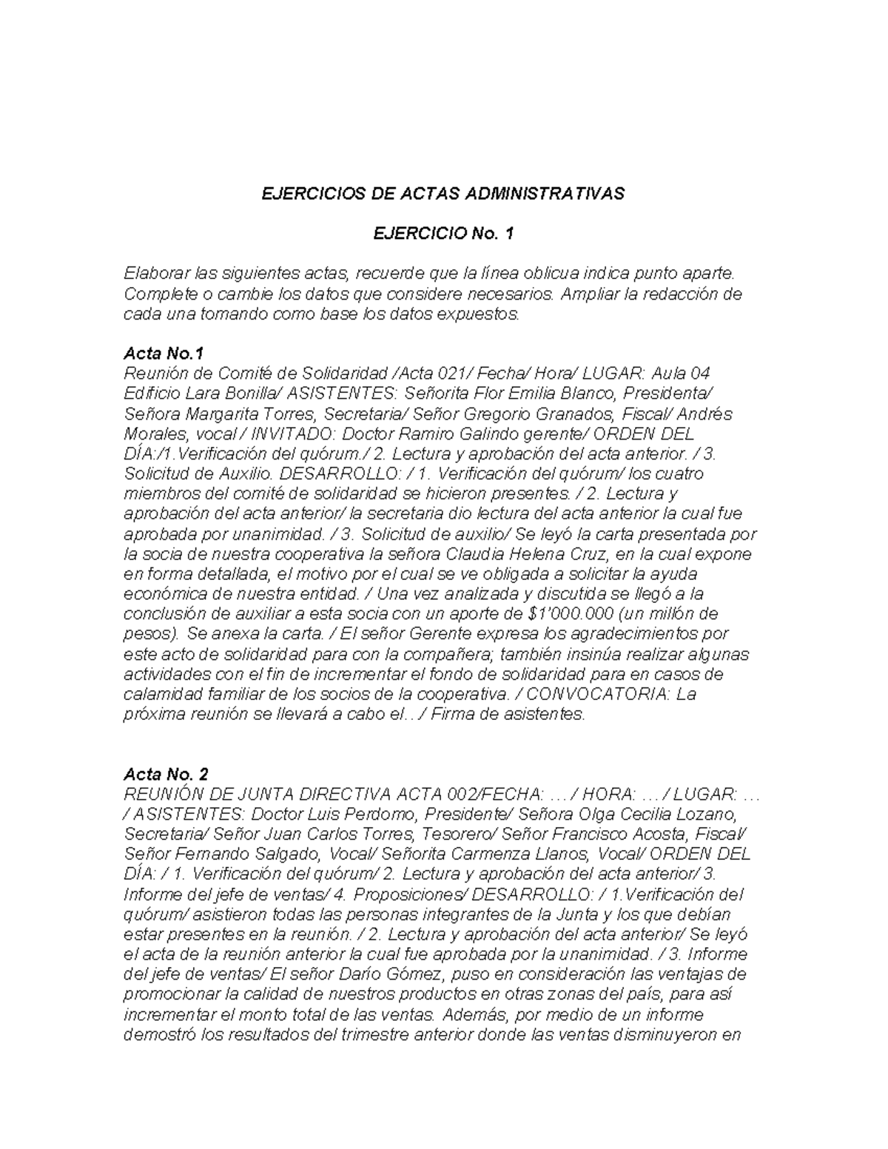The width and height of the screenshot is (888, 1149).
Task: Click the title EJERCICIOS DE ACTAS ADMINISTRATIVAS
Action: pyautogui.click(x=443, y=194)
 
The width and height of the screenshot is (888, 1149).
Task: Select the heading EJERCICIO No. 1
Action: pyautogui.click(x=443, y=234)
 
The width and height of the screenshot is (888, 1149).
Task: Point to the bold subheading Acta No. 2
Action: pyautogui.click(x=166, y=774)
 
